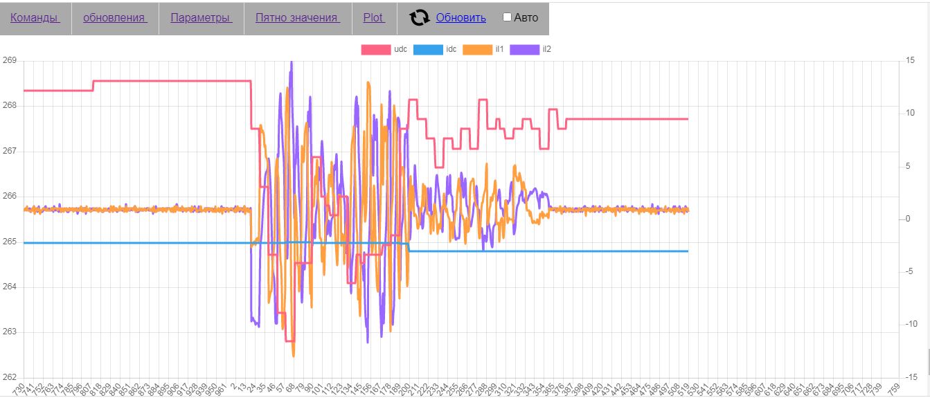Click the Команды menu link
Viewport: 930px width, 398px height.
tap(35, 18)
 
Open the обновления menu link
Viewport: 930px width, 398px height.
tap(115, 18)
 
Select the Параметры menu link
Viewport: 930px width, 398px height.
tap(201, 18)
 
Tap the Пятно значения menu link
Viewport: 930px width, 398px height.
tap(297, 18)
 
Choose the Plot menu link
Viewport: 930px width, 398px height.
tap(373, 18)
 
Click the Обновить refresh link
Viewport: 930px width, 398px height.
tap(460, 18)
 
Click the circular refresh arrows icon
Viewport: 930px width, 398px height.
tap(420, 18)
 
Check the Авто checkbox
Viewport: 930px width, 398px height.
tap(507, 17)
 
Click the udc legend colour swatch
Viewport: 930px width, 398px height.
tap(376, 49)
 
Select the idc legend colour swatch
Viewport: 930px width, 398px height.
tap(428, 49)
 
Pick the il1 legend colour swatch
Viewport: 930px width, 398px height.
tap(477, 49)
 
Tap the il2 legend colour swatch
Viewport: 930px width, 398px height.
tap(525, 49)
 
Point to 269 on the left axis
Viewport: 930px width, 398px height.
tap(10, 61)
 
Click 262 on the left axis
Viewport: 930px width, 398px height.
tap(10, 377)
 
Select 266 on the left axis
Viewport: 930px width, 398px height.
tap(10, 197)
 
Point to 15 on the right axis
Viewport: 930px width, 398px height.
tap(911, 61)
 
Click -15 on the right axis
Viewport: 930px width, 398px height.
tap(912, 377)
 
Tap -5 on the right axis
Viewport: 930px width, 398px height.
tap(911, 272)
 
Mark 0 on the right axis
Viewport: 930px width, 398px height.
tap(909, 219)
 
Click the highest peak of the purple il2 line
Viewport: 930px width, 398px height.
tap(291, 62)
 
